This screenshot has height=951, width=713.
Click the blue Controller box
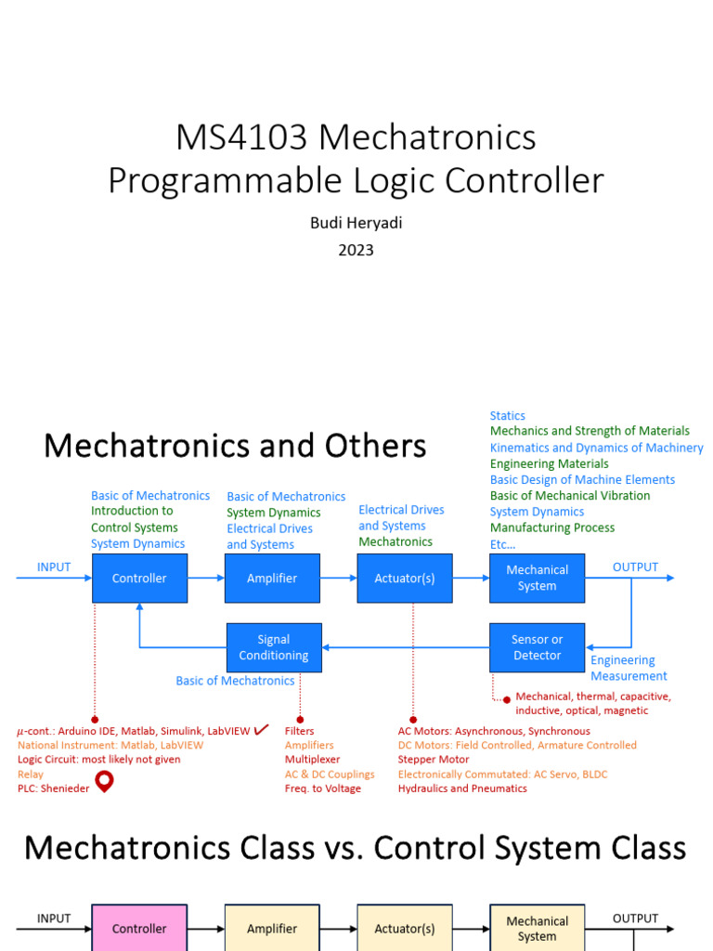[139, 578]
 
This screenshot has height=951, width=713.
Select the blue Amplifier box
[272, 578]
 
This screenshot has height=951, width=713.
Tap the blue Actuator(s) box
[404, 578]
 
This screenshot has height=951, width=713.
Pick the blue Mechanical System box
[537, 578]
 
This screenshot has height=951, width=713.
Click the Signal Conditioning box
[274, 647]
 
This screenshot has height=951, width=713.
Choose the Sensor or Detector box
[537, 647]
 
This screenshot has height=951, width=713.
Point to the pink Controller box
[139, 928]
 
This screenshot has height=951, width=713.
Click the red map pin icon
[104, 782]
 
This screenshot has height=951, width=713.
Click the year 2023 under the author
[356, 249]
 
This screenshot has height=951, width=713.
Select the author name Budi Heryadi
[356, 224]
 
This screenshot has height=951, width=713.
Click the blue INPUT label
[54, 567]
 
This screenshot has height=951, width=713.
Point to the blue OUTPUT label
[635, 567]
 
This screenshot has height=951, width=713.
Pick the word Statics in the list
[508, 415]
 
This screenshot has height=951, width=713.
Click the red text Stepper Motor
[434, 759]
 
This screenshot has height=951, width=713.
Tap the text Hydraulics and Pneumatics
[462, 788]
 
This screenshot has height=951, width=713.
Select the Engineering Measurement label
[629, 668]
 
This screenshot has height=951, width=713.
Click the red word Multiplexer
[312, 759]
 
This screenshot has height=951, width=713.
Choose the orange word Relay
[31, 774]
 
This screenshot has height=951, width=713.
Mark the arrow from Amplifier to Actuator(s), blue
[339, 578]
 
